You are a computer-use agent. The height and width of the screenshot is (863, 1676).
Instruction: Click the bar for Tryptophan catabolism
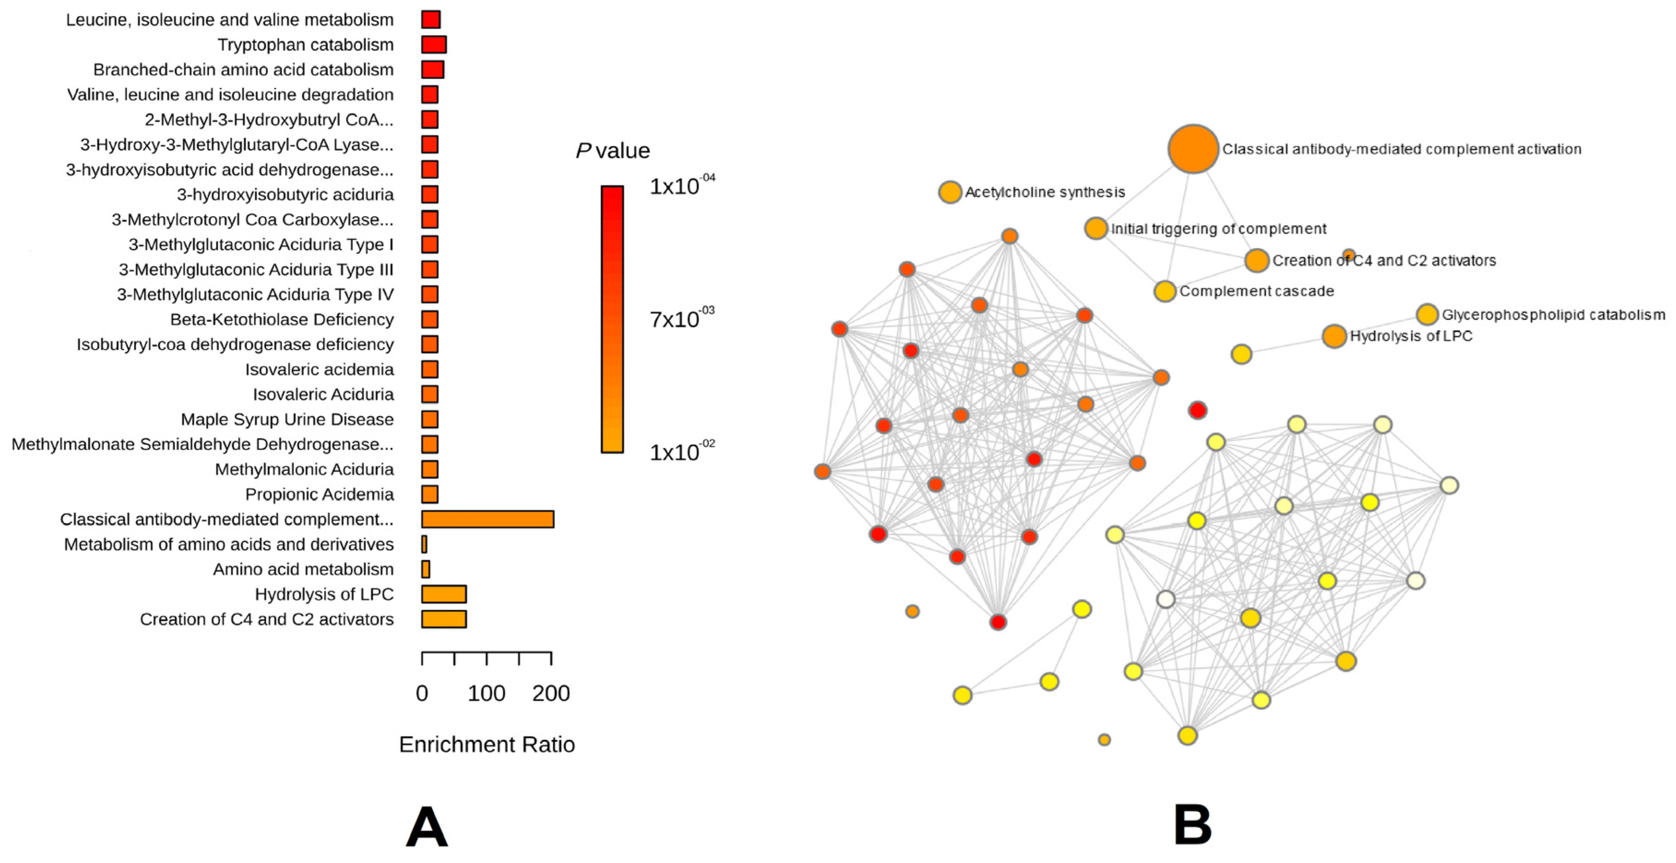coord(433,44)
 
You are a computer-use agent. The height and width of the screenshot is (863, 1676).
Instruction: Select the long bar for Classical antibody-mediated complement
coord(487,519)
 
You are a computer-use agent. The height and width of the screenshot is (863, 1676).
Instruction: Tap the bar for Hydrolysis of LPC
coord(444,594)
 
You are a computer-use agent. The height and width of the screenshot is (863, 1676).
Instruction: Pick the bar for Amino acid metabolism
coord(425,569)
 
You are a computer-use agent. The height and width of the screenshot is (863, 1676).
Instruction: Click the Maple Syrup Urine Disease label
coord(287,420)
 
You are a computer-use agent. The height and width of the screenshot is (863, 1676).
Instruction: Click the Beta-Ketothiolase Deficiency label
coord(282,319)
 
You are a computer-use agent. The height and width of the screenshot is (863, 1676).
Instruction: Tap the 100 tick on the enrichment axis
coord(487,693)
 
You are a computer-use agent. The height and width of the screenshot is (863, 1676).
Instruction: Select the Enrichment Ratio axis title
coord(487,744)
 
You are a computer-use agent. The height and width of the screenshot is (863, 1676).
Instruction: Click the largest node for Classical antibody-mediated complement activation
coord(1193,149)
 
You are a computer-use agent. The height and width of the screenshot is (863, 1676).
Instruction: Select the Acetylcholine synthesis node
coord(950,192)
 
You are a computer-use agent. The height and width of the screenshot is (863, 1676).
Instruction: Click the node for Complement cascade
coord(1164,291)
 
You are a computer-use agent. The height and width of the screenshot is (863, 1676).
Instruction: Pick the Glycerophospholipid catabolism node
coord(1427,315)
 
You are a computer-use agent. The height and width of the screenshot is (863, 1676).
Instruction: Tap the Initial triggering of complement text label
coord(1218,229)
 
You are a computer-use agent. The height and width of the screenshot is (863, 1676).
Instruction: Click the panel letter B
coord(1193,825)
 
